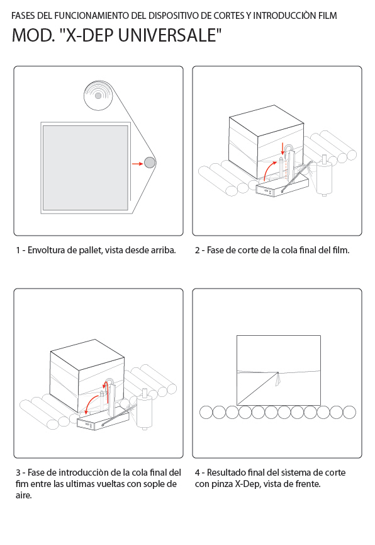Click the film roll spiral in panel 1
tap(98, 96)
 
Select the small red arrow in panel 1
tap(138, 163)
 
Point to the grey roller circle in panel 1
tap(150, 163)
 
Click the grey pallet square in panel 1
tap(86, 168)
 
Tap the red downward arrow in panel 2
tap(283, 149)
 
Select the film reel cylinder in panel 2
tap(324, 176)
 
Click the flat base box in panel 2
tap(282, 186)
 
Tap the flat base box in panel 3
tap(103, 420)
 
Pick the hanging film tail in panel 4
tap(277, 379)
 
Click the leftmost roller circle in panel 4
tap(206, 412)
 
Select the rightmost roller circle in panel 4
tap(349, 412)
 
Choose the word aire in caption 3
tap(23, 495)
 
